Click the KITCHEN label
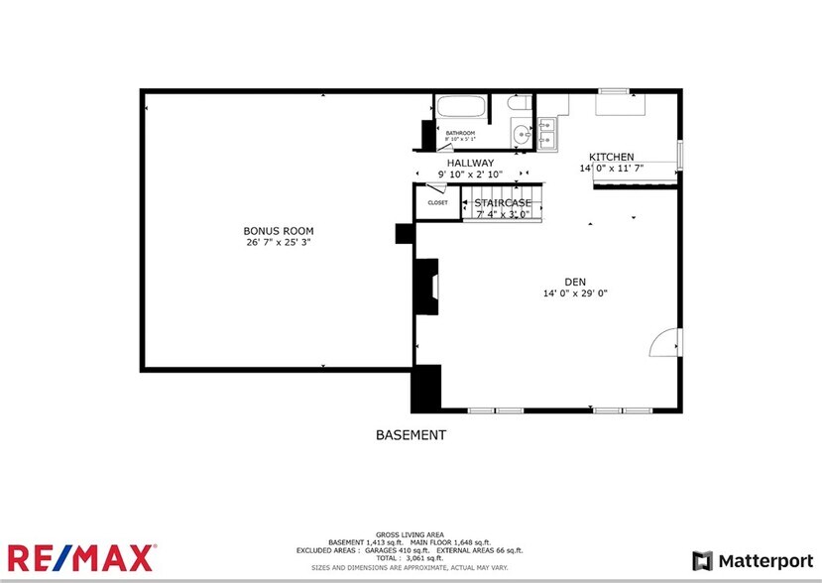tap(612, 157)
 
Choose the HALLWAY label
tap(470, 163)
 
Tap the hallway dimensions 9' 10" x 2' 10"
tap(470, 175)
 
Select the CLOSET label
tap(437, 202)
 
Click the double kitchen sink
tap(546, 134)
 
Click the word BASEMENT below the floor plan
tap(411, 435)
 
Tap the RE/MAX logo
tap(81, 557)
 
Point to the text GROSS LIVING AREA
tap(411, 533)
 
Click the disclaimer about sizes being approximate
tap(411, 567)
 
